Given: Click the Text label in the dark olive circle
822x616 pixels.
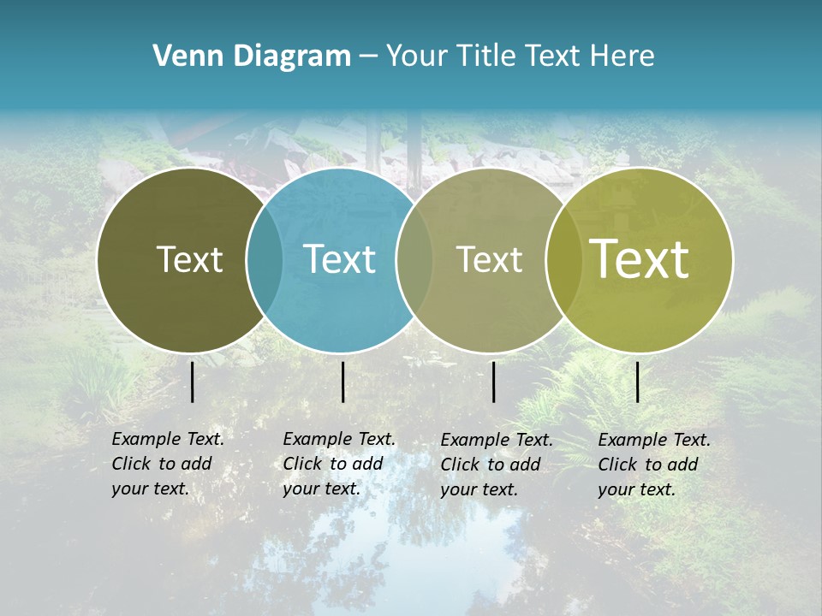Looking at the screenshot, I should click(189, 259).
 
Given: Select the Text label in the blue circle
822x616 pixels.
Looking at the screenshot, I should click(339, 259).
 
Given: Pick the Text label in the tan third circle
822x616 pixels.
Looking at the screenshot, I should click(489, 259).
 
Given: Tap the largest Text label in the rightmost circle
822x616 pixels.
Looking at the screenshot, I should click(640, 259).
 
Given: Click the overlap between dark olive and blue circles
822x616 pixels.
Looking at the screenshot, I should click(265, 260).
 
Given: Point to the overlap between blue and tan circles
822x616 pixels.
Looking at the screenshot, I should click(414, 260).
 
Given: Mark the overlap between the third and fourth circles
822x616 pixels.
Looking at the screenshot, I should click(563, 260).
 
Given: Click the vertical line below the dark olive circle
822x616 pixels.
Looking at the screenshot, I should click(193, 382).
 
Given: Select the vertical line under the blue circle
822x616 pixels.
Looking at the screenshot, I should click(342, 382).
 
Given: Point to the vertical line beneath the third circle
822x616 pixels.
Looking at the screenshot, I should click(494, 382).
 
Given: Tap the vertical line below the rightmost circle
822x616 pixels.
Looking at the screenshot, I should click(638, 382).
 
